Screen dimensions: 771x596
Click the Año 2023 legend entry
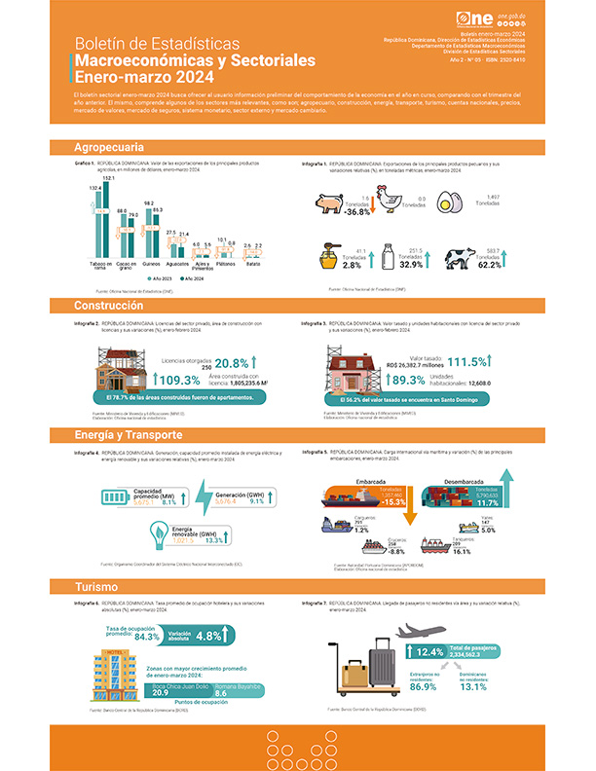pos(139,278)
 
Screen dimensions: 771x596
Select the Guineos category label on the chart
pos(149,264)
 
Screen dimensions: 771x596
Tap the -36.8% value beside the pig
pos(358,211)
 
